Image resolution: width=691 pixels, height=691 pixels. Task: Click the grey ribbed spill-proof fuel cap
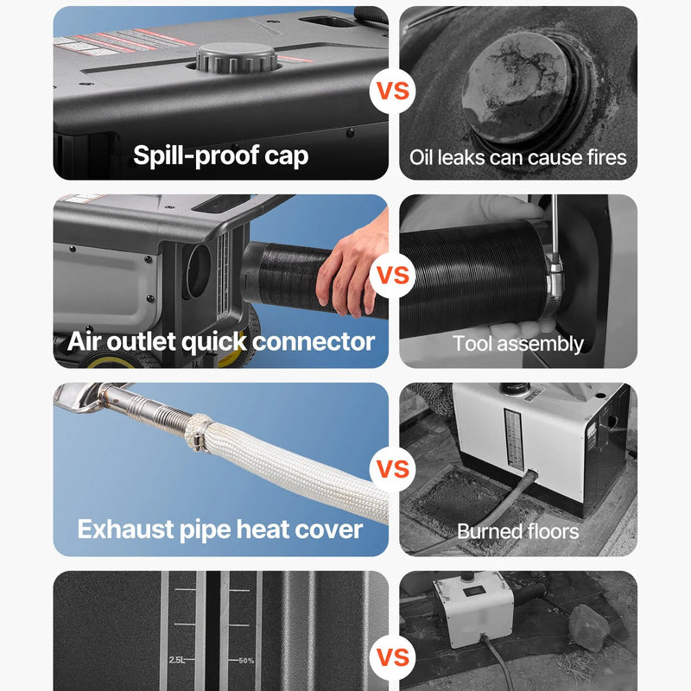click(x=237, y=57)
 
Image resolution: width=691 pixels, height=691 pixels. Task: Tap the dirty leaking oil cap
click(x=517, y=88)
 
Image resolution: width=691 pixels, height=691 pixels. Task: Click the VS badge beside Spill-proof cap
click(x=393, y=91)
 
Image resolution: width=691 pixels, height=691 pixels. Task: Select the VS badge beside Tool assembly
click(x=393, y=276)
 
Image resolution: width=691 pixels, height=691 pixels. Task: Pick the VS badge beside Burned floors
click(x=393, y=469)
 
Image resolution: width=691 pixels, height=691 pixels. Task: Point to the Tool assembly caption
click(x=517, y=344)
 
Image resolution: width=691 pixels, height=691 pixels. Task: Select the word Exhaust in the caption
click(x=125, y=529)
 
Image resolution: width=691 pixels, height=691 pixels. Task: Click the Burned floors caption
click(x=517, y=531)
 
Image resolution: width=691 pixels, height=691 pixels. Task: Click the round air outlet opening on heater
click(x=199, y=271)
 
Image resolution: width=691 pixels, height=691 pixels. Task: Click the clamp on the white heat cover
click(x=198, y=434)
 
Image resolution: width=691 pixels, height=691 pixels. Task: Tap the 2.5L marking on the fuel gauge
click(x=177, y=660)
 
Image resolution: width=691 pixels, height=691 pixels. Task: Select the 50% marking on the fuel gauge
click(x=246, y=661)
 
